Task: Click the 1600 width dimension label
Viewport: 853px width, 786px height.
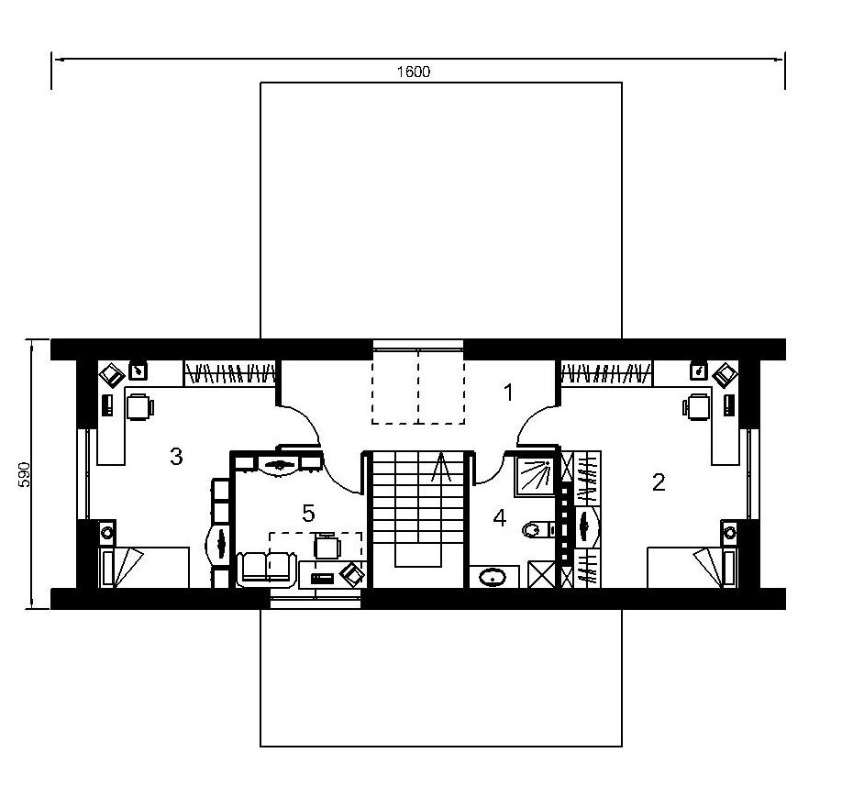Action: tap(414, 72)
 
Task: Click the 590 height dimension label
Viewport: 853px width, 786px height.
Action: tap(25, 474)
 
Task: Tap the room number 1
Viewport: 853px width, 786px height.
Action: tap(509, 393)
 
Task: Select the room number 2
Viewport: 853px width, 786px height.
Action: tap(659, 482)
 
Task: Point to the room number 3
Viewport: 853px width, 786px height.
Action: tap(176, 457)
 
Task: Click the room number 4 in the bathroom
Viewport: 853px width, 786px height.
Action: tap(499, 518)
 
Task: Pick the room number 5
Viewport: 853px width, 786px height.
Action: tap(308, 513)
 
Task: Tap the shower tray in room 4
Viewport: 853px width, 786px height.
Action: tap(534, 476)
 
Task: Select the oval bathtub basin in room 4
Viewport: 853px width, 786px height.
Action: tap(493, 577)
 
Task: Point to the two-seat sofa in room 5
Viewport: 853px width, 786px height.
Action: tap(267, 569)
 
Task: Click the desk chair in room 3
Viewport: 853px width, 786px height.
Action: tap(140, 407)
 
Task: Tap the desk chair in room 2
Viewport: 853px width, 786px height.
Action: tap(697, 407)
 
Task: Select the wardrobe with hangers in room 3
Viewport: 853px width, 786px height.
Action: tap(229, 373)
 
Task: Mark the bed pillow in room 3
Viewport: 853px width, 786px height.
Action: tap(128, 567)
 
